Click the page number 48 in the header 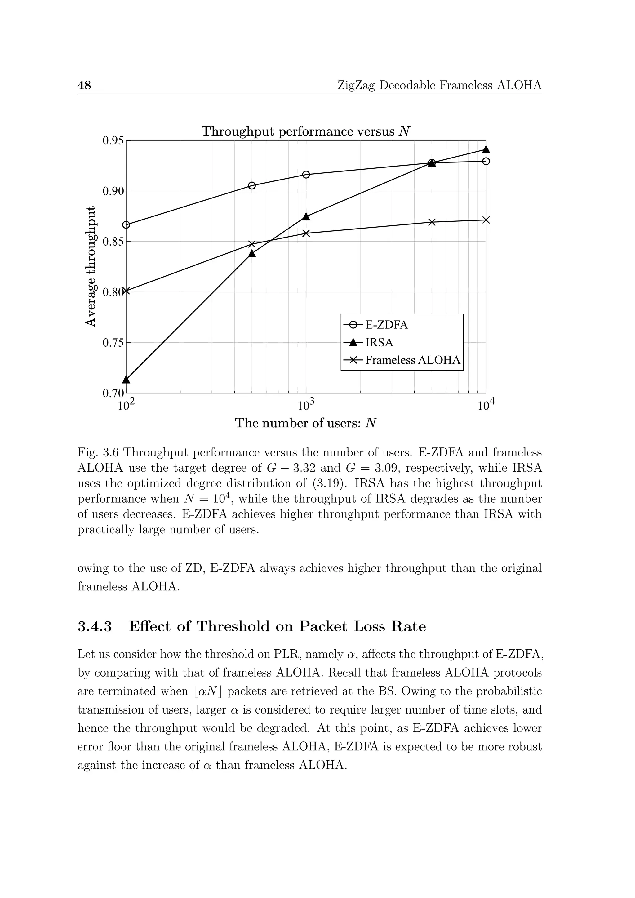click(84, 85)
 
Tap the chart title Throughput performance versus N click(305, 131)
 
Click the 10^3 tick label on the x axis click(306, 405)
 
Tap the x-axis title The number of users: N click(305, 423)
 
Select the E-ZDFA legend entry click(386, 325)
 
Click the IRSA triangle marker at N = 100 click(126, 379)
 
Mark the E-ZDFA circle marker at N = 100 click(126, 225)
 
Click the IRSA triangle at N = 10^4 click(486, 149)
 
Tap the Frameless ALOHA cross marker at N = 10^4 click(486, 220)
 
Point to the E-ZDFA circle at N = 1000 click(306, 175)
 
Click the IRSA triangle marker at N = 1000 click(306, 217)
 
